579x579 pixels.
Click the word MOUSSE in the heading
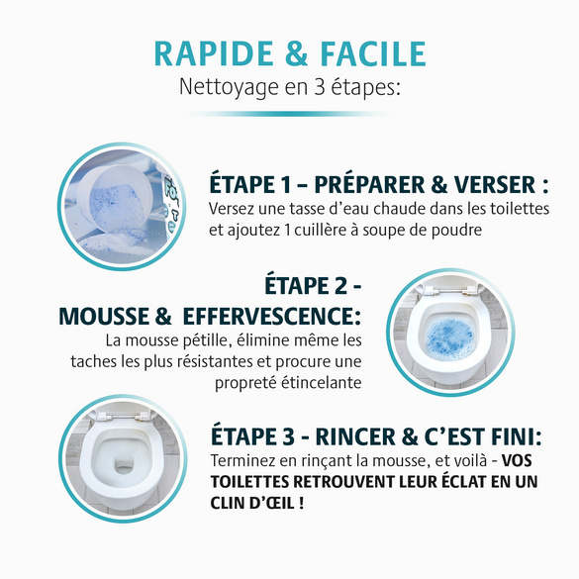[104, 317]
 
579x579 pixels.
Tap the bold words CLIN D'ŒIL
[262, 504]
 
